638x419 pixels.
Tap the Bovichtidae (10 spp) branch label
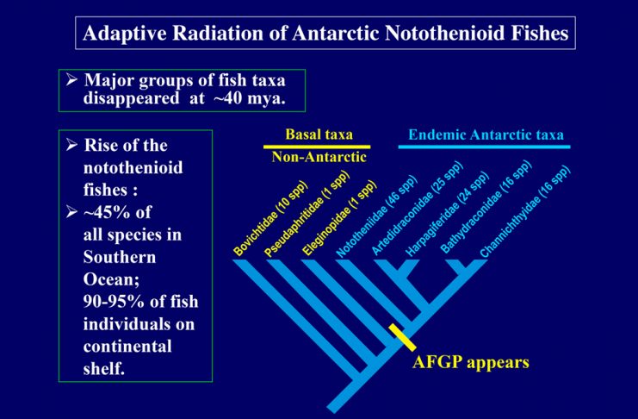click(271, 218)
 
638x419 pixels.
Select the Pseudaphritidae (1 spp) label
click(307, 214)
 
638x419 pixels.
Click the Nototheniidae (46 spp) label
click(377, 217)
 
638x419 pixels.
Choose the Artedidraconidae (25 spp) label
click(418, 209)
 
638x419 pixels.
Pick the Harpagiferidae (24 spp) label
click(447, 214)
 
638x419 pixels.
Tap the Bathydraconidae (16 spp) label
click(486, 207)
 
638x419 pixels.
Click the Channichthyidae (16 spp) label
click(525, 212)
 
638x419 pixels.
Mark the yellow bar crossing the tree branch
click(402, 337)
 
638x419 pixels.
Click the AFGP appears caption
click(471, 362)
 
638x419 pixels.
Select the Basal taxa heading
click(319, 134)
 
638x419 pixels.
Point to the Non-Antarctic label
click(319, 157)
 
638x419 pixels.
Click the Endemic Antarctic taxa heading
click(486, 134)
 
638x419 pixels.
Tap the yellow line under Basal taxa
click(317, 147)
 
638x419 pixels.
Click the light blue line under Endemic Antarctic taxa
click(484, 147)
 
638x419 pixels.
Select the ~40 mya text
click(249, 98)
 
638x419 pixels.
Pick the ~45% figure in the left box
click(117, 212)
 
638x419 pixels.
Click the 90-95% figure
click(114, 302)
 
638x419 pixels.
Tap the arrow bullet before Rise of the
click(71, 145)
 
